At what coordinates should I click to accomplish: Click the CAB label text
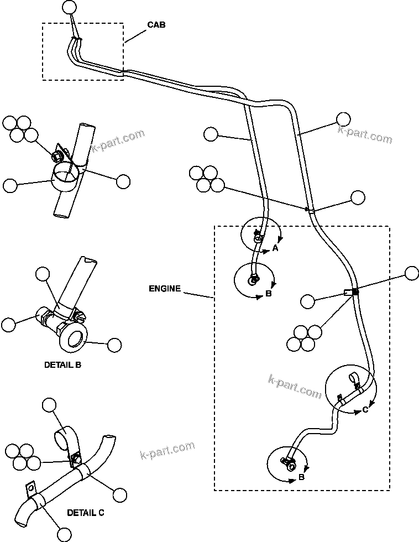(x=156, y=25)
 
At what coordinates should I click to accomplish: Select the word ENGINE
(x=164, y=288)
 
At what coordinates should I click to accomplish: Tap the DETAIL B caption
(x=62, y=366)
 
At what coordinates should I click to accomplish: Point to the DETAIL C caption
(x=85, y=513)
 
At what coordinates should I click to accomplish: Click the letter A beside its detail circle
(x=275, y=249)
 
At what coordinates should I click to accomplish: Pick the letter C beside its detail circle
(x=365, y=410)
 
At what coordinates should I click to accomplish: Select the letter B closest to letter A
(x=268, y=294)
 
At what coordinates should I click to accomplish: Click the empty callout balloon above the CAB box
(x=69, y=7)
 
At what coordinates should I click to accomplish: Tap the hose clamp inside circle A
(x=258, y=238)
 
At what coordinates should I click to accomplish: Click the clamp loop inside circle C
(x=352, y=381)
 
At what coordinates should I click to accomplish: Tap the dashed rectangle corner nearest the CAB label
(x=123, y=23)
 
